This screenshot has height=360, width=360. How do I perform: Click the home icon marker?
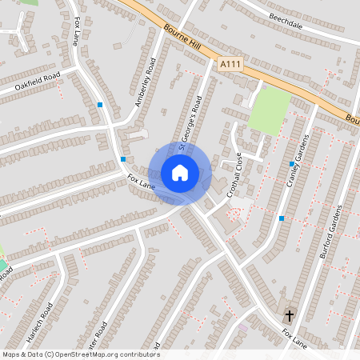[179, 173]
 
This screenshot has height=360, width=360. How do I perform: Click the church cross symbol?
[290, 316]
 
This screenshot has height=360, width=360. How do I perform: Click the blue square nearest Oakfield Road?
[100, 105]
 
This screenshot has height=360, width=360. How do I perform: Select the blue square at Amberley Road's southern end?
[122, 159]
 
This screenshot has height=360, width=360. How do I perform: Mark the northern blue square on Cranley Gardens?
[291, 163]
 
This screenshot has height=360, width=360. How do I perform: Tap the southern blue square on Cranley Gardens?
[281, 218]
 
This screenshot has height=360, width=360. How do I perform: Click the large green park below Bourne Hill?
[270, 110]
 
